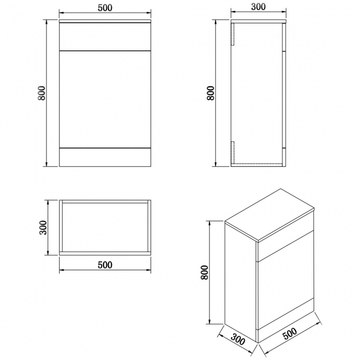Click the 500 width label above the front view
[x=105, y=8]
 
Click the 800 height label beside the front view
[x=42, y=93]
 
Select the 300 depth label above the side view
[x=258, y=7]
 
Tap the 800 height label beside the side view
[x=210, y=93]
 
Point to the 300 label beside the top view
[x=43, y=227]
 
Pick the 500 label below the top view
[x=105, y=265]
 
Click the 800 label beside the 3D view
[x=204, y=272]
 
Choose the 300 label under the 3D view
[x=238, y=340]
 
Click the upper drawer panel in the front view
[x=105, y=37]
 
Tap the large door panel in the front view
[x=105, y=99]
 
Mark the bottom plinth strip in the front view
[x=105, y=157]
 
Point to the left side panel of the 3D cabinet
[x=240, y=282]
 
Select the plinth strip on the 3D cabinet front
[x=286, y=321]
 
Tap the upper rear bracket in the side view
[x=233, y=34]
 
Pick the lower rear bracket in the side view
[x=233, y=152]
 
